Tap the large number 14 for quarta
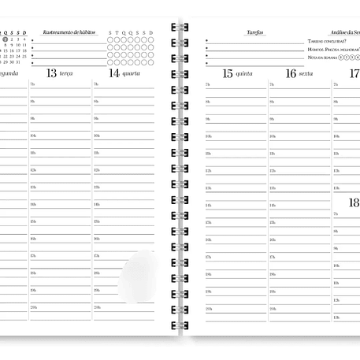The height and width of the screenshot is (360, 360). click(114, 73)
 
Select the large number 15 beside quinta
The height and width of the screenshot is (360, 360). click(228, 73)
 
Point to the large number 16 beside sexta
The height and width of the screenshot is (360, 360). click(291, 73)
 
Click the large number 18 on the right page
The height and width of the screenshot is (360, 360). click(354, 203)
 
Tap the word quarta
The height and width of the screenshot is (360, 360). click(132, 74)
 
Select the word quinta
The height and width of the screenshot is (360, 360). click(245, 74)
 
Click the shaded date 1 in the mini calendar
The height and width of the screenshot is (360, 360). click(5, 39)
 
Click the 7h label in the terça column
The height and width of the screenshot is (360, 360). click(32, 84)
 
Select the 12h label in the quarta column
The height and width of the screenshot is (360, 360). click(97, 170)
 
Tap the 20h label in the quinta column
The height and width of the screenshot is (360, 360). click(209, 308)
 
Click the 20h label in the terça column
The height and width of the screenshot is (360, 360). click(33, 307)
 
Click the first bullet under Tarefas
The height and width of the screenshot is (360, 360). click(206, 39)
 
